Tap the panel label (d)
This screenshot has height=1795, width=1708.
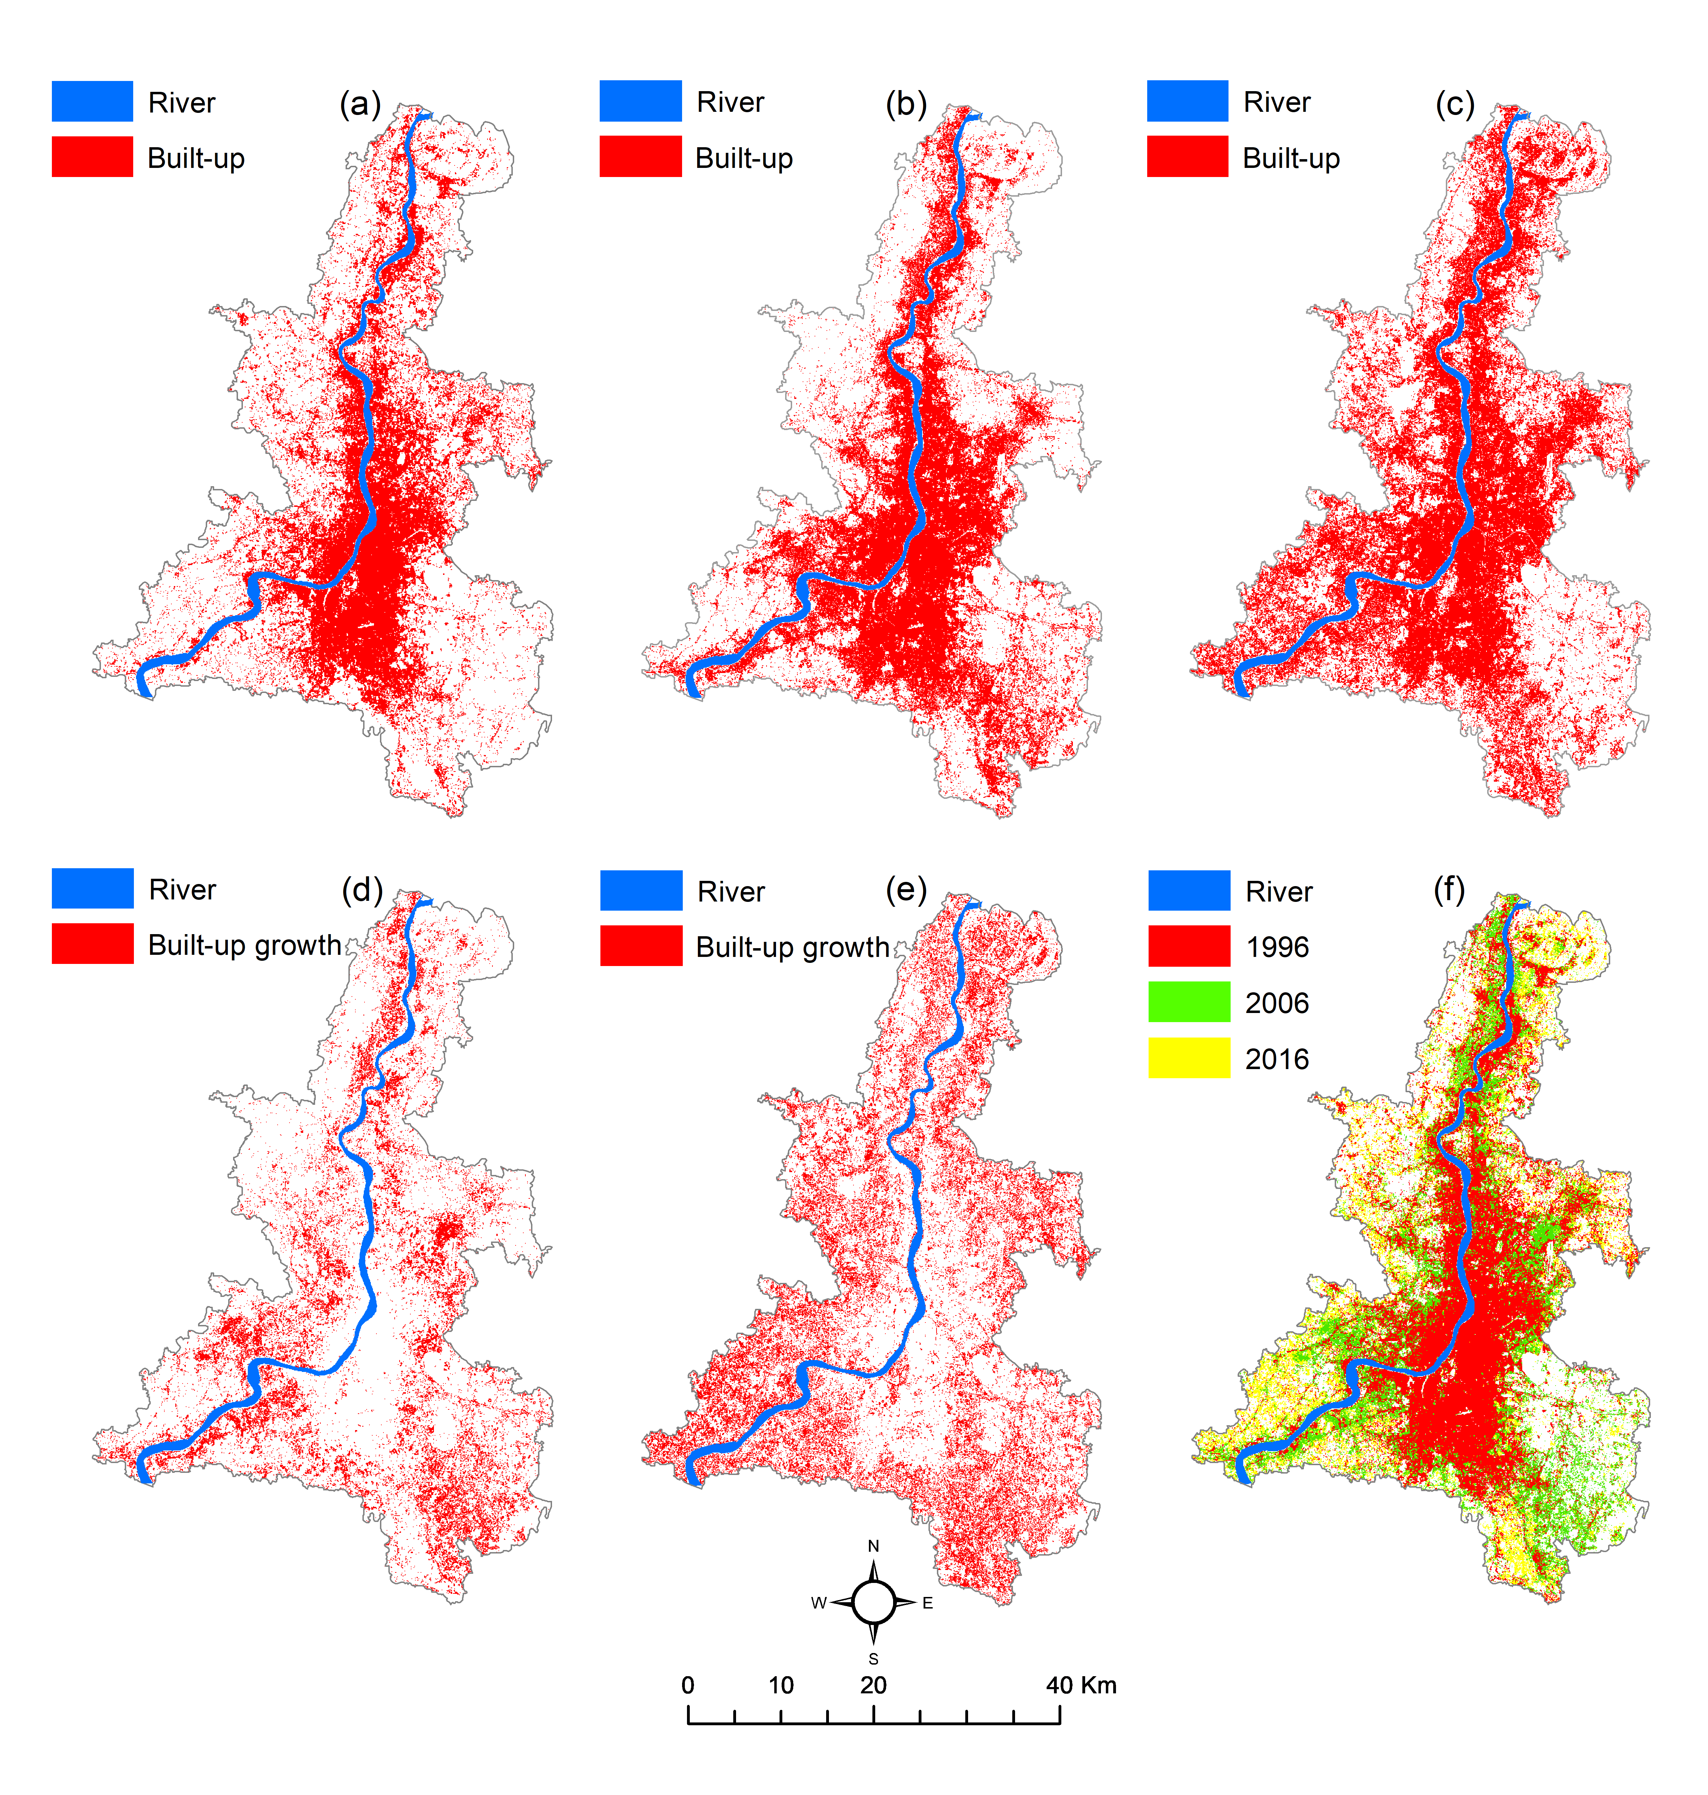pos(361,889)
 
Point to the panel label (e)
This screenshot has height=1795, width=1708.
pos(906,889)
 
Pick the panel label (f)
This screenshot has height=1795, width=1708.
pos(1449,889)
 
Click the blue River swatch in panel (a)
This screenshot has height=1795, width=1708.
pos(92,101)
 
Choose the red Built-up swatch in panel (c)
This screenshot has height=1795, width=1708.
pos(1187,157)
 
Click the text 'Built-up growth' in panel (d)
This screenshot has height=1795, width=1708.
pos(244,946)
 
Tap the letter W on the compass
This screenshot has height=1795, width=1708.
pos(818,1603)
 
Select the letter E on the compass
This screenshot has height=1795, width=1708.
pos(928,1603)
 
